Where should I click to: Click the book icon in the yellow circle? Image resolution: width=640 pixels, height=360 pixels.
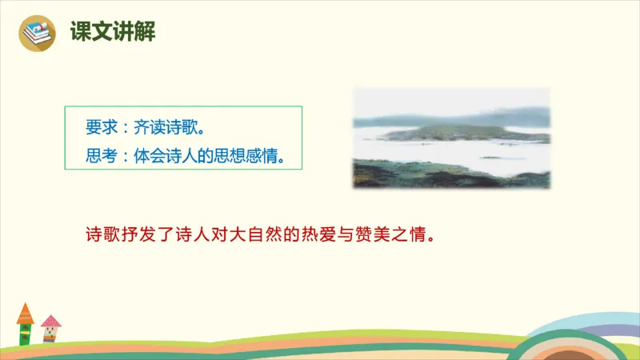[x=37, y=33]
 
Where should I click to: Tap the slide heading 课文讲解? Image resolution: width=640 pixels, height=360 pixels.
[x=112, y=33]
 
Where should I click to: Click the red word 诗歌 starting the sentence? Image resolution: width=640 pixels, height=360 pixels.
[x=102, y=236]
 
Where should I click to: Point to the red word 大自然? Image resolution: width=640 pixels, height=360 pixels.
[x=258, y=236]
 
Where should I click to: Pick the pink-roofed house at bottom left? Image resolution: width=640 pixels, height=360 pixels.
[x=50, y=329]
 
